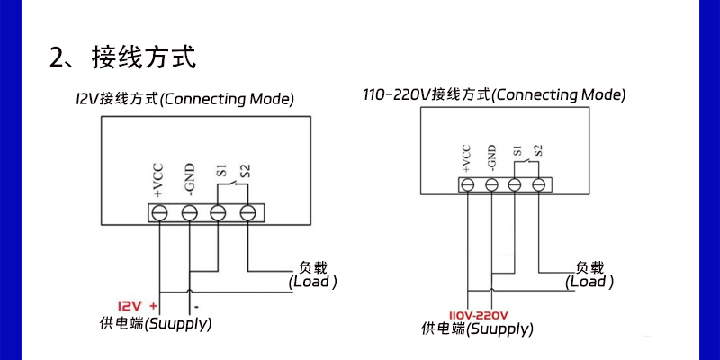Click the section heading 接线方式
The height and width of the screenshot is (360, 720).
pos(142,58)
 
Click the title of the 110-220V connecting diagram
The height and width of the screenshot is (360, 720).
pos(494,94)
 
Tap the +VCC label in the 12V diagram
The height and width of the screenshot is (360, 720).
pos(158,182)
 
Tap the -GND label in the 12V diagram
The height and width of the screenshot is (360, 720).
pos(190,182)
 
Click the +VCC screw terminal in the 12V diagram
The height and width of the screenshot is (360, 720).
pos(159,213)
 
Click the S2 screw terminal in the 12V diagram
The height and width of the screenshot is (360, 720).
pos(248,213)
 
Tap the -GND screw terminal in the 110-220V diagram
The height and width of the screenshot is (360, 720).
pos(491,184)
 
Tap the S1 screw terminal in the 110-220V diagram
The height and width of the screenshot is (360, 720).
pos(515,184)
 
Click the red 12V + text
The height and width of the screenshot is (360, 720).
pos(139,305)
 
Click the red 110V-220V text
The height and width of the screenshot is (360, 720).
pos(479,314)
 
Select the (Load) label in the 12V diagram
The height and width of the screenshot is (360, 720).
pos(312,282)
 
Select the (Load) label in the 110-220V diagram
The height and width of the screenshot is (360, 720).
pos(589,282)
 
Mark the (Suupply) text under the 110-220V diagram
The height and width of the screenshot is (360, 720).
pos(500,329)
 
